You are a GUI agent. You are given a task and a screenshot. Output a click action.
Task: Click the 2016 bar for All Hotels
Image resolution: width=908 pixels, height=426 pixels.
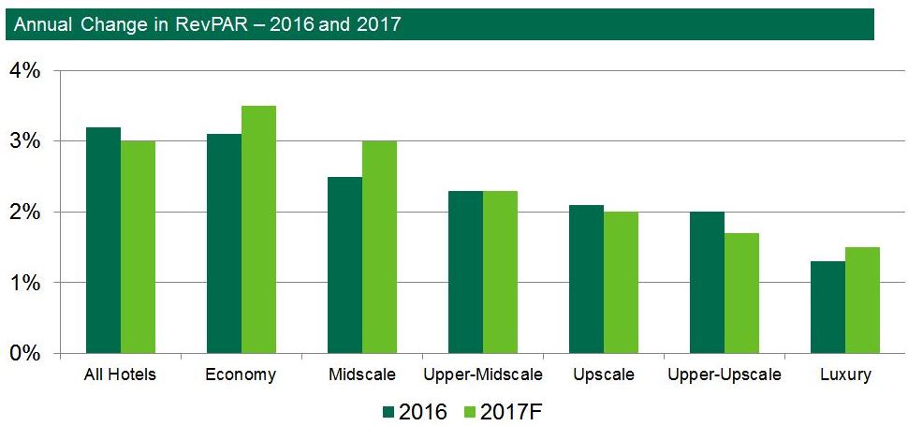(x=103, y=241)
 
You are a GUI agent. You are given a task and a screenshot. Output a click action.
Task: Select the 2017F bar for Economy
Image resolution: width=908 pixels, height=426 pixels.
(x=258, y=229)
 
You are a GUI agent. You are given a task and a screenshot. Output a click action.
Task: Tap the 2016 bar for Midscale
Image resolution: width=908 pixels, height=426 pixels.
(x=344, y=265)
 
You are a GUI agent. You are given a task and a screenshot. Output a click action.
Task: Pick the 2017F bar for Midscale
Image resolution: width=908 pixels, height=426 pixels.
(x=379, y=247)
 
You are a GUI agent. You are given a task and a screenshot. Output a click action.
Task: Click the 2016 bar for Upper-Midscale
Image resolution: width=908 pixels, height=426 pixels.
(x=465, y=272)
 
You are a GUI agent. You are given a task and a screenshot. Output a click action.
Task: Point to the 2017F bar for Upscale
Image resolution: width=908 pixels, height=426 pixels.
(x=621, y=283)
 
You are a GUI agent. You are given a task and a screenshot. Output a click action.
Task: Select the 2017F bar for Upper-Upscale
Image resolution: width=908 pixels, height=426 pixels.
(x=741, y=293)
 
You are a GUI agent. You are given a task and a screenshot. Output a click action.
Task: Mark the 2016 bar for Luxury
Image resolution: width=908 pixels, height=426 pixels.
(x=827, y=307)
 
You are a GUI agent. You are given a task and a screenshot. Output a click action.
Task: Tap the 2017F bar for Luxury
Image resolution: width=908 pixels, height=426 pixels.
(x=862, y=301)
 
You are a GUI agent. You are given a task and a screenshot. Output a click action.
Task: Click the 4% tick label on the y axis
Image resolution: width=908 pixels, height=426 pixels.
(x=25, y=71)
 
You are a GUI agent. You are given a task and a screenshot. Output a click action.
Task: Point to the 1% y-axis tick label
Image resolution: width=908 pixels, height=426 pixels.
(x=25, y=283)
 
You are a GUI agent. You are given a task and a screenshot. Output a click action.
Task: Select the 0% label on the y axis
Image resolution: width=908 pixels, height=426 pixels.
(x=25, y=354)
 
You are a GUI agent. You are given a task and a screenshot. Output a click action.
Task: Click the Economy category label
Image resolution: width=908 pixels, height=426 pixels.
(x=241, y=375)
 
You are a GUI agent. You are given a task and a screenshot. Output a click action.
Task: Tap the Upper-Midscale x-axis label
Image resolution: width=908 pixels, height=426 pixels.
(x=482, y=375)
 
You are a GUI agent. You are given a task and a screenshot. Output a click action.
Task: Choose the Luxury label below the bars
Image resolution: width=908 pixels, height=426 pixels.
(x=844, y=375)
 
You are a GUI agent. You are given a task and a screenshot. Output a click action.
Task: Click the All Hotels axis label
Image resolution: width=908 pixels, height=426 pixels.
(x=120, y=375)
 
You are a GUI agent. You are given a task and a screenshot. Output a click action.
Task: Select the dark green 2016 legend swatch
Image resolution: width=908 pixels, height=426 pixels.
(x=391, y=410)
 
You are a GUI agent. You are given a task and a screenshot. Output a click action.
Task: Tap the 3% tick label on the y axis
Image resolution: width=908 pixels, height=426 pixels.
(x=25, y=141)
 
